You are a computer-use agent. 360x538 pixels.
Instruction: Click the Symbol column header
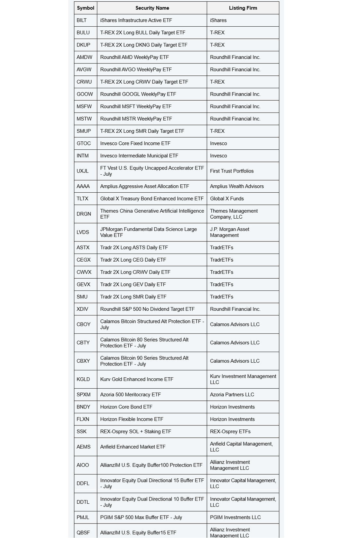[85, 8]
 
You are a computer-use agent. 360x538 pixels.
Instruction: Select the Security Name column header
[152, 8]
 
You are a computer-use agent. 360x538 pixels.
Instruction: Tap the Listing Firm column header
[243, 8]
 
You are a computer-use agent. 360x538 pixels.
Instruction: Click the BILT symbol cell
[82, 20]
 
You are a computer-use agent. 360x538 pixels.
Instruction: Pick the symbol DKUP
[83, 45]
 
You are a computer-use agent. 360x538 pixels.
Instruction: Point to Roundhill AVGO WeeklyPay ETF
[136, 70]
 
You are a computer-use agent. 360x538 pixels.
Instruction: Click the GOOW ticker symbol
[85, 94]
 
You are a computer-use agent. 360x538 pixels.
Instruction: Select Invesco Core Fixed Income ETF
[135, 143]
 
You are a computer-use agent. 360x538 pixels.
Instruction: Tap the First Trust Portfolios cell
[232, 171]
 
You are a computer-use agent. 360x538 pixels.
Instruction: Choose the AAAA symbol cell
[83, 186]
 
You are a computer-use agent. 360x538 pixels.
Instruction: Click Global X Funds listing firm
[227, 198]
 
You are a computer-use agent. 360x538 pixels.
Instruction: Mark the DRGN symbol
[84, 214]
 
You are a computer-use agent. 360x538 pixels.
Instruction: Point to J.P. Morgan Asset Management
[229, 232]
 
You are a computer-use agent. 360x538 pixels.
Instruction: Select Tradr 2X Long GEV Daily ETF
[133, 284]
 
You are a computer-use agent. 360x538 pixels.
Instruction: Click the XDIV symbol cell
[82, 309]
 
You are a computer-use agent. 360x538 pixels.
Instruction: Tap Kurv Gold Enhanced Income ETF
[137, 379]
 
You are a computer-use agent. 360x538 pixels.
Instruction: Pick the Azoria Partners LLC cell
[232, 395]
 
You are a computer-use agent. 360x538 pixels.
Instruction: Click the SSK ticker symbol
[81, 432]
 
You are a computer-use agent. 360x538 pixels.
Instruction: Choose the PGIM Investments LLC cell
[235, 517]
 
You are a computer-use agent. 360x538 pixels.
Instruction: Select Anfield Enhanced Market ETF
[133, 447]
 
